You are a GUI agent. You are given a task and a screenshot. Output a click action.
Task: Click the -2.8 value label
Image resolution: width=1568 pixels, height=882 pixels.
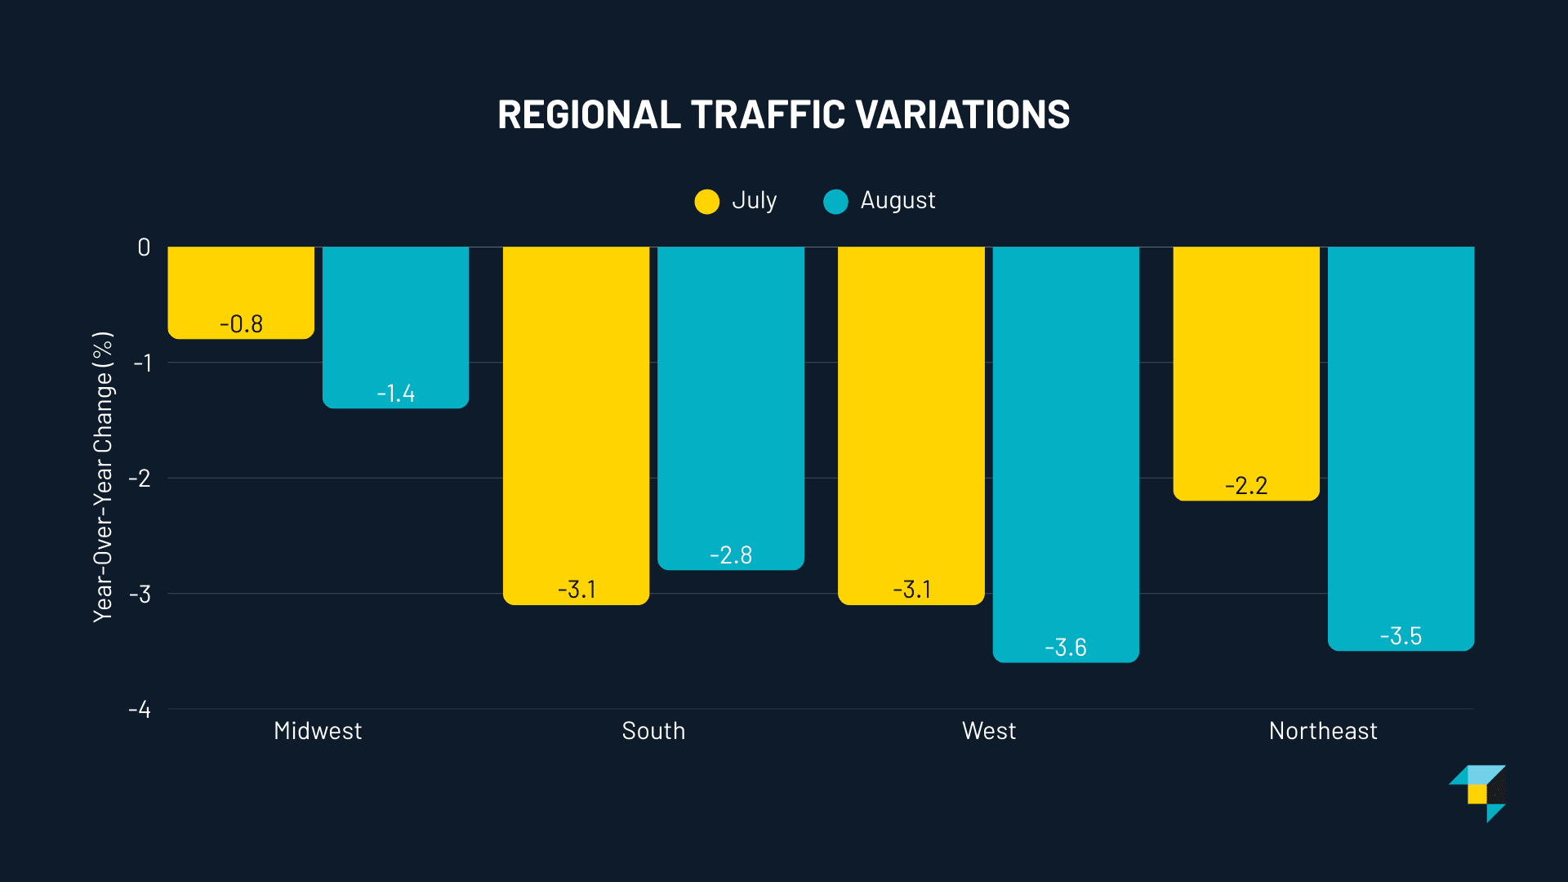731,555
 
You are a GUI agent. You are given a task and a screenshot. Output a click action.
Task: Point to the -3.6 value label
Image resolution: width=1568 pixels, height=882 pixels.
1066,648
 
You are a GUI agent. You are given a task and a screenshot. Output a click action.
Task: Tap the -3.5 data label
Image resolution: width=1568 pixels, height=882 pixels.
1401,636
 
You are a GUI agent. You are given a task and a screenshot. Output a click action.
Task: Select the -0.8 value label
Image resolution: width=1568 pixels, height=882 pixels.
241,324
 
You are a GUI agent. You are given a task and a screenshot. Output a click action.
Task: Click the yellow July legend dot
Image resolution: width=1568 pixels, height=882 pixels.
707,201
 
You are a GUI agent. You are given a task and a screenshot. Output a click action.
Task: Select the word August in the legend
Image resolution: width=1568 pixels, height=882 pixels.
898,201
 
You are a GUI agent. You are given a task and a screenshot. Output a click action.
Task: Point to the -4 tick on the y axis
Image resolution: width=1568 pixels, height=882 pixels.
140,710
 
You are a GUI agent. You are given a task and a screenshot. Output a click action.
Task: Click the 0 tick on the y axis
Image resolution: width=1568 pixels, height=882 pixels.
144,247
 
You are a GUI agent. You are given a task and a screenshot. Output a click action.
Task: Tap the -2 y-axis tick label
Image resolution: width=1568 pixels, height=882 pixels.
140,479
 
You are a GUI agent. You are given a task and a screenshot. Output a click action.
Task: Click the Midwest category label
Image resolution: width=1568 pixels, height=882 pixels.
318,731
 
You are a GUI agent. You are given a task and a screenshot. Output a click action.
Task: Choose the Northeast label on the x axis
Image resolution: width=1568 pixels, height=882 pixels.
1323,731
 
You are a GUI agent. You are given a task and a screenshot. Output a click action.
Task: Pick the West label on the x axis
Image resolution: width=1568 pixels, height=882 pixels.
989,731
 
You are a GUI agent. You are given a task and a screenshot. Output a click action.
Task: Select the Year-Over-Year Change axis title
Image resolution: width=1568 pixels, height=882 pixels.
103,478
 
